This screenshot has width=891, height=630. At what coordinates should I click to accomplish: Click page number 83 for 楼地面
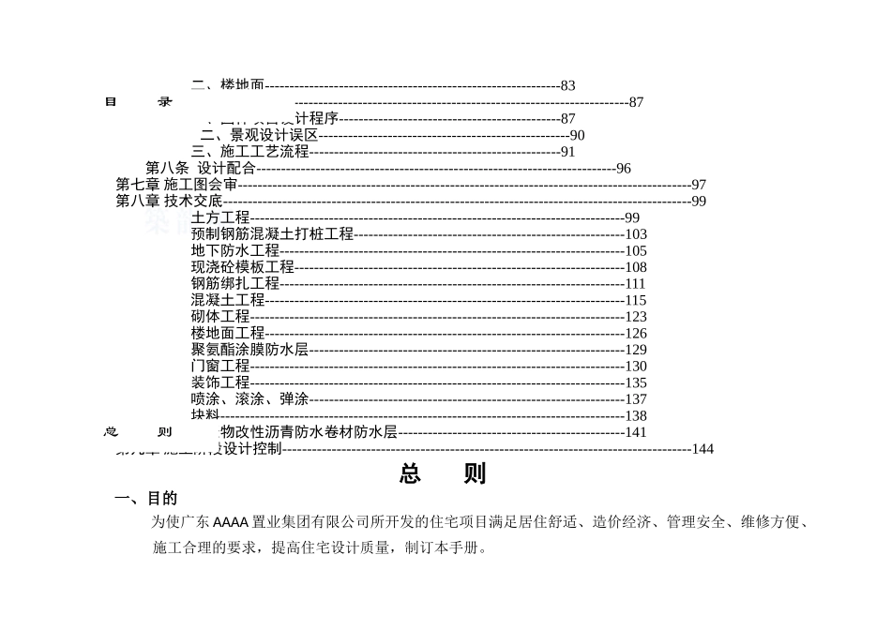coord(567,86)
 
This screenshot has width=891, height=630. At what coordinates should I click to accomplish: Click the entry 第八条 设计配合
coord(200,169)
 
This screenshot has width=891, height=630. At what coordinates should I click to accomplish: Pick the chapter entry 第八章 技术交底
coord(169,201)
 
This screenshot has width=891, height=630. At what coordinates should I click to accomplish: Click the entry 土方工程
coord(220,218)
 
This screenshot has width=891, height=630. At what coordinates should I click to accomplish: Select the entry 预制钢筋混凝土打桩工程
coord(272,234)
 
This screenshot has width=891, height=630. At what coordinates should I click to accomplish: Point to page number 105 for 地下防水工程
coord(636,251)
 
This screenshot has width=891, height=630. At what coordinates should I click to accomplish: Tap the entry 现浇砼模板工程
coord(243,267)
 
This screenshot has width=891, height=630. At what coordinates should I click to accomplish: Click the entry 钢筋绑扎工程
coord(235,283)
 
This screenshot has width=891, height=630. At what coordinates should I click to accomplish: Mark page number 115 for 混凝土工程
coord(636,301)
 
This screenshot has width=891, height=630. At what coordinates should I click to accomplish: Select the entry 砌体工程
coord(220,317)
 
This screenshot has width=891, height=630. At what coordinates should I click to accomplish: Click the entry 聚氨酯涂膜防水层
coord(249,350)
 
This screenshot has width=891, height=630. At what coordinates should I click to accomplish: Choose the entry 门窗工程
coord(220,367)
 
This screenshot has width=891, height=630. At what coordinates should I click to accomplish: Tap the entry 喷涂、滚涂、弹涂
coord(249,399)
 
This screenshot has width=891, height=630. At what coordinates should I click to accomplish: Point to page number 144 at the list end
coord(702,449)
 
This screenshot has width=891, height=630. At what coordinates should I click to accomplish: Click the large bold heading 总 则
coord(443,474)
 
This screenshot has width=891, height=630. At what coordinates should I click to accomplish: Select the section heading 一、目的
coord(145,499)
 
